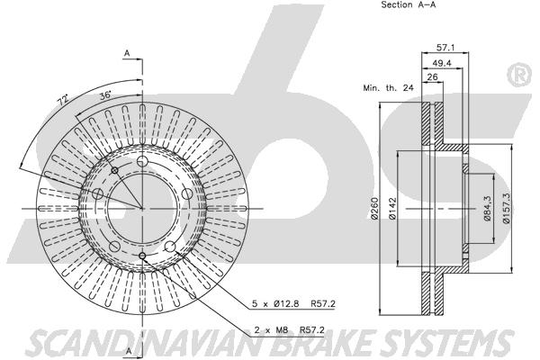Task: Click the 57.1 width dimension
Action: click(445, 48)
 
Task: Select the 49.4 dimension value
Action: click(442, 63)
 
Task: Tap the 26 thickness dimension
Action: click(432, 76)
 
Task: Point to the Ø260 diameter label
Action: click(374, 208)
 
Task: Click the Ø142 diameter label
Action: click(392, 208)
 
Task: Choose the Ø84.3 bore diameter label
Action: click(487, 208)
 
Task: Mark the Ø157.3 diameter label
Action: click(506, 208)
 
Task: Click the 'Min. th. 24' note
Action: click(388, 88)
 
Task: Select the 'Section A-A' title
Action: click(409, 4)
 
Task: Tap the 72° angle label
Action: click(62, 101)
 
